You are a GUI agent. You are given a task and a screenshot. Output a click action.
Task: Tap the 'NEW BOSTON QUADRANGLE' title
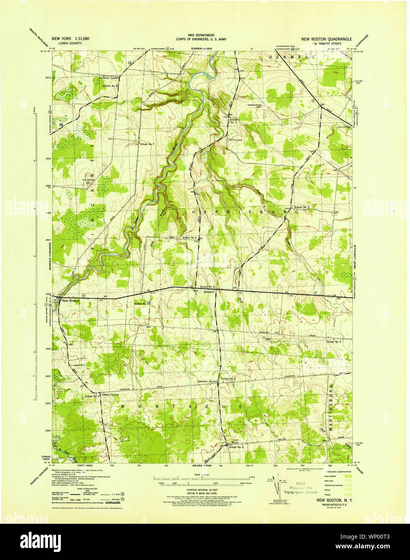[326, 39]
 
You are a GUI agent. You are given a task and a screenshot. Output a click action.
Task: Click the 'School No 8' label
[110, 86]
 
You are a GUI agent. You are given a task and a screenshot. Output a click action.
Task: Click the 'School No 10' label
[142, 303]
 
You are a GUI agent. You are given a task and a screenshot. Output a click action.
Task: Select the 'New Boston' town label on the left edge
[70, 301]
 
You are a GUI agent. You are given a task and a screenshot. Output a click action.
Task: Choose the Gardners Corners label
[207, 381]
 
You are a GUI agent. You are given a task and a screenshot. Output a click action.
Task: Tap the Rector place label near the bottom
[236, 442]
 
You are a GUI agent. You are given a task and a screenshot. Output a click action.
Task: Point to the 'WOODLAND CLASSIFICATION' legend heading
[335, 471]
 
